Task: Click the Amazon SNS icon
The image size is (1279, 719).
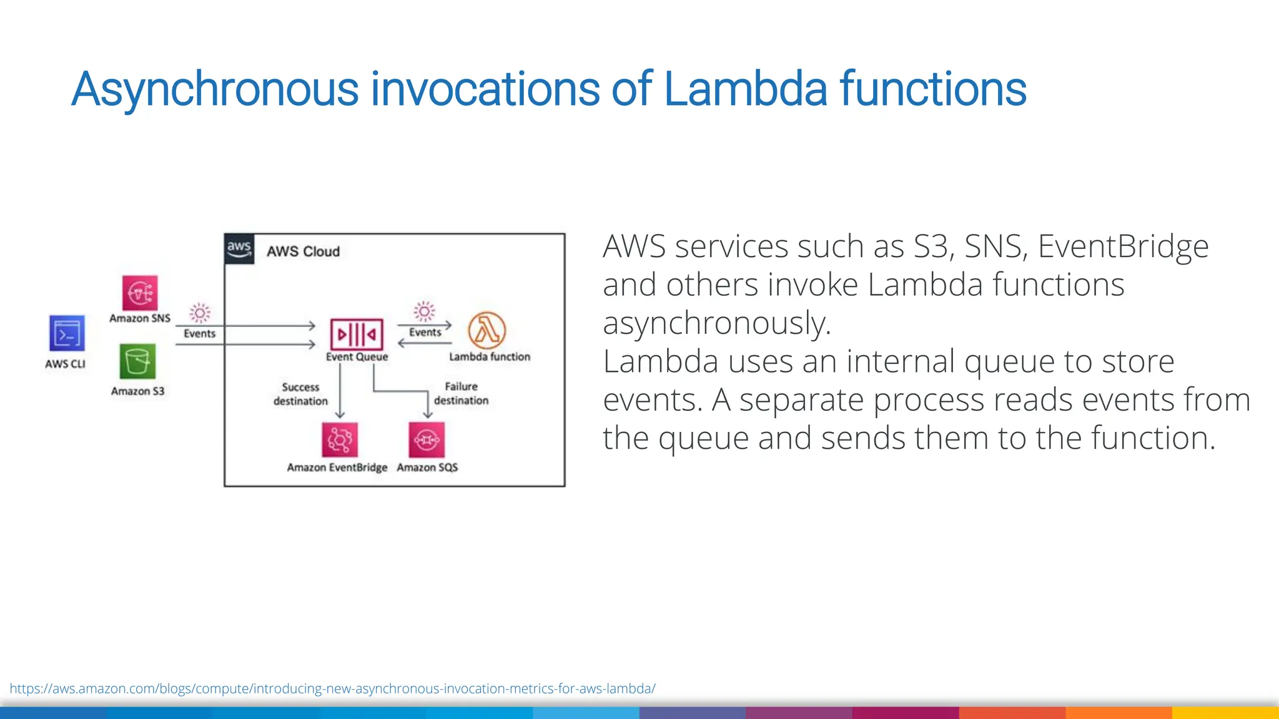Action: (x=140, y=292)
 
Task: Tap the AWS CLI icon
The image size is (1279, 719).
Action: (x=67, y=333)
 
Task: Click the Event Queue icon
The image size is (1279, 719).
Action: (x=357, y=335)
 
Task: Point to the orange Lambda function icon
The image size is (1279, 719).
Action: (x=487, y=330)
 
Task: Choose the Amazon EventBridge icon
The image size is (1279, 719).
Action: (x=340, y=439)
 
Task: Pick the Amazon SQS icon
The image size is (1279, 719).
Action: (x=427, y=439)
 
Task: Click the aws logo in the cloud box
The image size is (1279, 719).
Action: (x=239, y=249)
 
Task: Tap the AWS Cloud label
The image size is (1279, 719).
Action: (x=304, y=252)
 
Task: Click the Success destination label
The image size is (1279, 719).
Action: (x=300, y=394)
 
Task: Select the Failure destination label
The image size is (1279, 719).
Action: (x=462, y=393)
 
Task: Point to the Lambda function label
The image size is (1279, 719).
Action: (x=490, y=357)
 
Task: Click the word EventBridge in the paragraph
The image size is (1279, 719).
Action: (x=1123, y=247)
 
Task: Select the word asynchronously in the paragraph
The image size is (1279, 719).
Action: (x=716, y=323)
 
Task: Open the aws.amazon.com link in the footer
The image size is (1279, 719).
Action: (x=332, y=688)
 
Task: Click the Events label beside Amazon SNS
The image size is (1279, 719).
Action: (x=199, y=334)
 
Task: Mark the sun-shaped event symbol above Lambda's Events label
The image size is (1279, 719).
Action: (x=424, y=311)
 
